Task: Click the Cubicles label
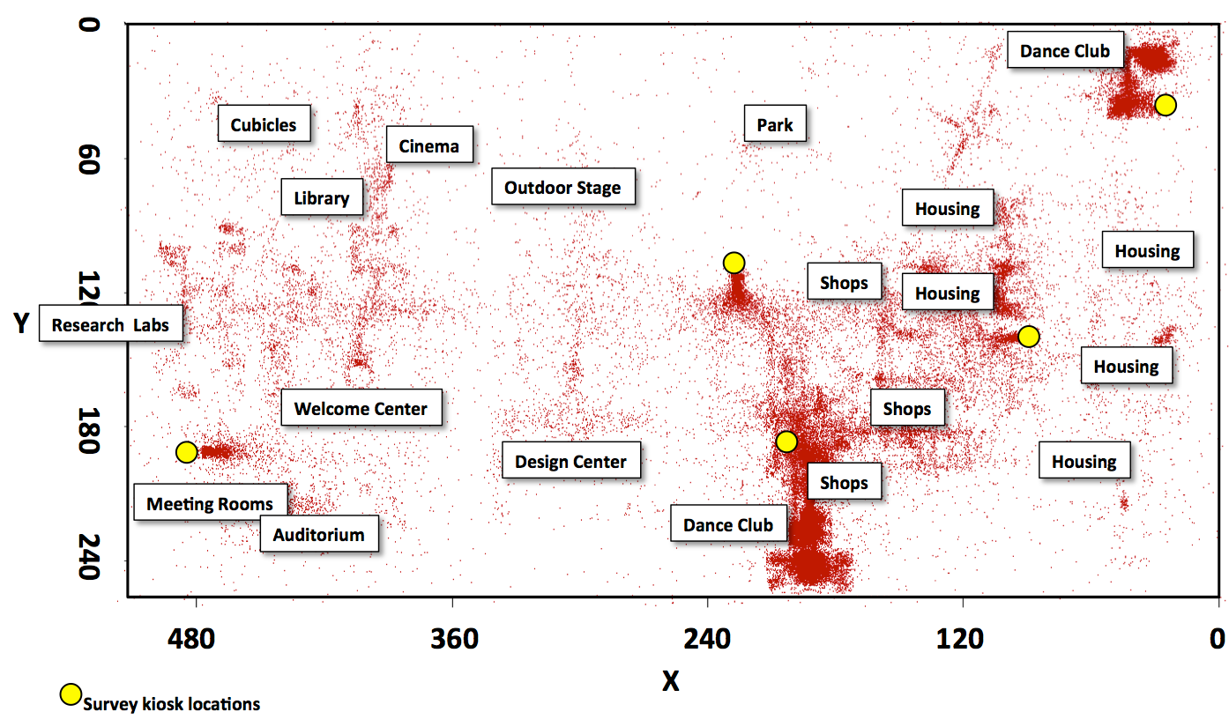[x=264, y=124]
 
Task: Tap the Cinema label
[x=428, y=145]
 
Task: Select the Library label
[x=322, y=198]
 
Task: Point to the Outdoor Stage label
[x=562, y=187]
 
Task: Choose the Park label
[x=775, y=124]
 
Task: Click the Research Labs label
[x=110, y=324]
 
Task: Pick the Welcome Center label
[x=361, y=408]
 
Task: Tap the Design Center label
[x=570, y=461]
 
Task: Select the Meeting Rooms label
[x=210, y=503]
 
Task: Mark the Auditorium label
[x=318, y=534]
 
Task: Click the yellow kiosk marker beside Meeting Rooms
[x=186, y=452]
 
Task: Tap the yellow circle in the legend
[x=71, y=694]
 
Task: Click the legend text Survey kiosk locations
[x=171, y=704]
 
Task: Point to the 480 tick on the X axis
[x=196, y=637]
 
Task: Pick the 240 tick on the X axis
[x=707, y=637]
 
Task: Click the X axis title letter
[x=672, y=679]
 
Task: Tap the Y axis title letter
[x=22, y=323]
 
